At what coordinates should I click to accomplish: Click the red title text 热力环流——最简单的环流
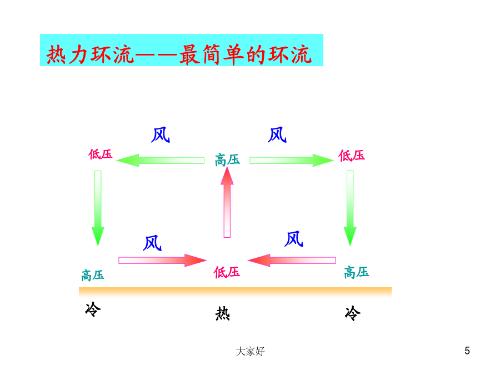pos(179,54)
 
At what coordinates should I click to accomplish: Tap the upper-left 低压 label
pos(101,154)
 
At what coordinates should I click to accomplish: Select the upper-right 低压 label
pos(352,156)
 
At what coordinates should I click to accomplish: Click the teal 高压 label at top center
pos(227,160)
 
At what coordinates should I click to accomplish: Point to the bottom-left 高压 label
pos(92,275)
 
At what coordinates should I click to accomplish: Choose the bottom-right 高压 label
pos(357,273)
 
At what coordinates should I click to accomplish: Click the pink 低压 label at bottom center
pos(227,272)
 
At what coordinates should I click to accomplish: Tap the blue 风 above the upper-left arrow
pos(161,134)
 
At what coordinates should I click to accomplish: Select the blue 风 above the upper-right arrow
pos(277,134)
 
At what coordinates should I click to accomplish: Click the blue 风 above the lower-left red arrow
pos(152,243)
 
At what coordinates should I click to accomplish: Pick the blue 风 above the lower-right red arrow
pos(294,239)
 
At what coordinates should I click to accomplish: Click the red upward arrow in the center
pos(227,202)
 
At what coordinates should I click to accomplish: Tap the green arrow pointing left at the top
pos(160,160)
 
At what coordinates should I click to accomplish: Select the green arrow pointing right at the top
pos(292,160)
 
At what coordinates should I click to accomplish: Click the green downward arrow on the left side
pos(98,208)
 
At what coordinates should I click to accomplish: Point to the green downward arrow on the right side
pos(350,208)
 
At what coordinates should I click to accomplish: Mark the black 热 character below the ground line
pos(223,313)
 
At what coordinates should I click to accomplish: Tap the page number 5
pos(467,351)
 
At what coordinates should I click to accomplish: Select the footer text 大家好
pos(251,351)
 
